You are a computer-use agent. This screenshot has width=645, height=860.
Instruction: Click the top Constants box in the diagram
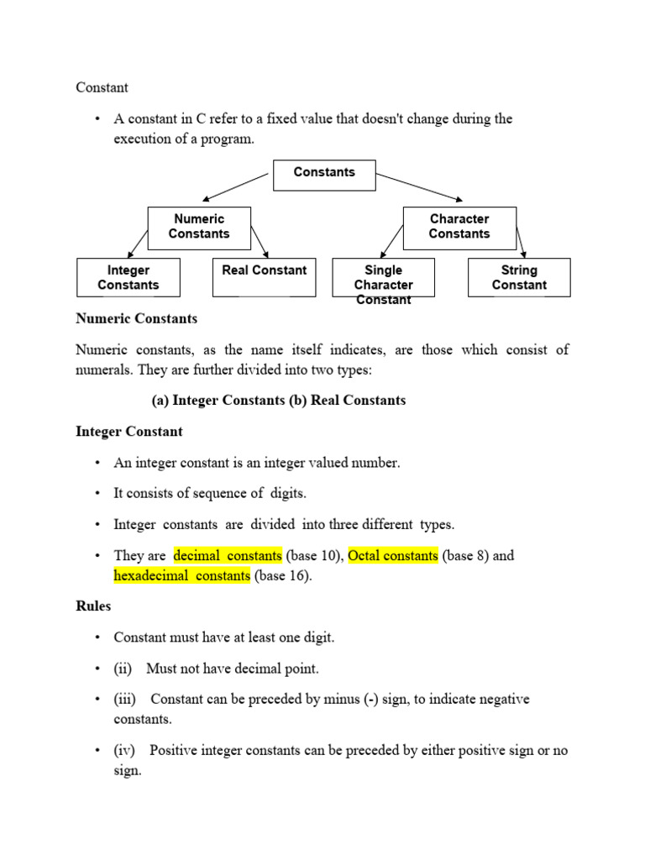click(x=324, y=175)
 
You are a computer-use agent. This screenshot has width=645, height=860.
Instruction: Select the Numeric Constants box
click(x=199, y=228)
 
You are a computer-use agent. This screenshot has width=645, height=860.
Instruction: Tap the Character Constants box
click(x=459, y=228)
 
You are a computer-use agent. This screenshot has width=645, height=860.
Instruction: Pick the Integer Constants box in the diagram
click(x=128, y=278)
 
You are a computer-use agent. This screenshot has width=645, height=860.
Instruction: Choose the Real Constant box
click(x=264, y=278)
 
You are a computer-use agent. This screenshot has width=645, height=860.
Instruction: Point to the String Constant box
click(x=519, y=278)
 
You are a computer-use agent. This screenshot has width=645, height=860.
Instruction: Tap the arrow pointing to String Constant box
click(x=521, y=241)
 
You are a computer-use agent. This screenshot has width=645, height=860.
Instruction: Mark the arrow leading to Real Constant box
click(x=260, y=241)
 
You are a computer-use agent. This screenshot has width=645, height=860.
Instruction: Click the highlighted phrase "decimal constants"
click(x=228, y=556)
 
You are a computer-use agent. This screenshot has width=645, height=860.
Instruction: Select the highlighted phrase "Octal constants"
click(x=393, y=556)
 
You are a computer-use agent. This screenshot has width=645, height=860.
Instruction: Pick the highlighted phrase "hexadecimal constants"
click(x=182, y=576)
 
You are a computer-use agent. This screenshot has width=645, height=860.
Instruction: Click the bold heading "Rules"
click(x=93, y=606)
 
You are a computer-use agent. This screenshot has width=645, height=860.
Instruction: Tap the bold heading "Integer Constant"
click(x=128, y=432)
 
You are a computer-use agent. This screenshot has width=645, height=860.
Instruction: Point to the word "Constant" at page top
click(x=102, y=87)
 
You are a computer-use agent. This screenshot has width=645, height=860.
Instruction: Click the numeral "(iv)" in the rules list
click(x=126, y=751)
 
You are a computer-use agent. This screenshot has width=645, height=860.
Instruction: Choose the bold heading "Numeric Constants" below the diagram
click(x=136, y=319)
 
